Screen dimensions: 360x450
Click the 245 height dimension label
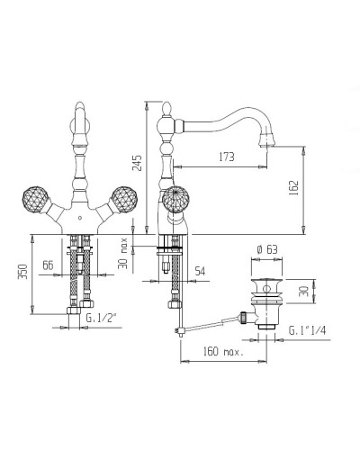138,163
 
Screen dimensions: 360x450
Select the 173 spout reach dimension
227,157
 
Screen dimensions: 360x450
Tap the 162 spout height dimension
294,188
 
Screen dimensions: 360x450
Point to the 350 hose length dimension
24,271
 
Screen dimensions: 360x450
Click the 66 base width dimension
48,265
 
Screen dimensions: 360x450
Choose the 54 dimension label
200,271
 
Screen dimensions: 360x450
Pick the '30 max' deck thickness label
123,253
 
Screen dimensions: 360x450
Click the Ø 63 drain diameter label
267,249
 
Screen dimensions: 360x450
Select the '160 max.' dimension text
223,351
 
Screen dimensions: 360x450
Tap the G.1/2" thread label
101,318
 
